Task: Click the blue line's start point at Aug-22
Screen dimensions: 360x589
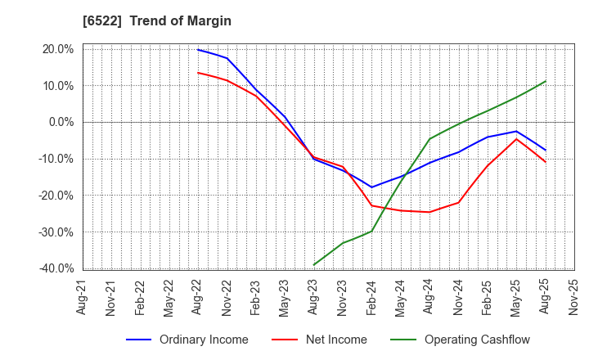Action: tap(198, 50)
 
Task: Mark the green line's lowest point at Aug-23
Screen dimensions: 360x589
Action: tap(313, 265)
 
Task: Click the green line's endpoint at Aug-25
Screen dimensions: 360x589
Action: tap(545, 81)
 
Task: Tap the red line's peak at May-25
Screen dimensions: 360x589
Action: tap(516, 139)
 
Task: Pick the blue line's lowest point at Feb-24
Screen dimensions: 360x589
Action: tap(371, 187)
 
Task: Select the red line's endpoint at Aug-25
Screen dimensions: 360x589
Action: tap(545, 162)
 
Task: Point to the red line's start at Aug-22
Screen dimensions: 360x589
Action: tap(198, 73)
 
